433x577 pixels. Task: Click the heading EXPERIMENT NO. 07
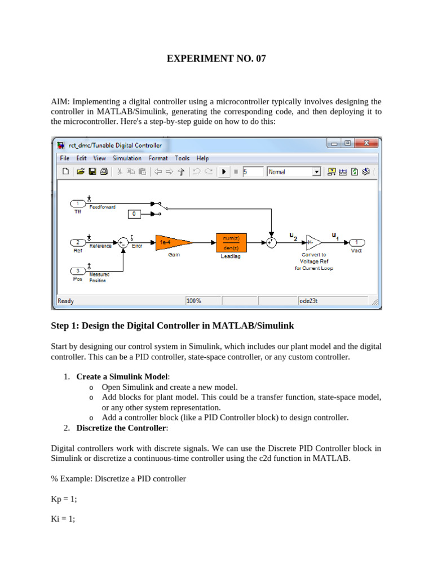pyautogui.click(x=216, y=59)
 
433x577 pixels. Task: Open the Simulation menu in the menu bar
pyautogui.click(x=127, y=158)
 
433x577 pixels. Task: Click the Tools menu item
pyautogui.click(x=182, y=158)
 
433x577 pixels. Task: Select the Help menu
pyautogui.click(x=202, y=158)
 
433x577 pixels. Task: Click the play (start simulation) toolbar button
pyautogui.click(x=224, y=172)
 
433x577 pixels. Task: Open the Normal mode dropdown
pyautogui.click(x=316, y=172)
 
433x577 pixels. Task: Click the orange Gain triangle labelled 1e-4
pyautogui.click(x=171, y=242)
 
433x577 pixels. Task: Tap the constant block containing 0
pyautogui.click(x=134, y=214)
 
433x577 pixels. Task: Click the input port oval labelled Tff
pyautogui.click(x=78, y=203)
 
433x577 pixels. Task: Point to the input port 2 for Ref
pyautogui.click(x=78, y=242)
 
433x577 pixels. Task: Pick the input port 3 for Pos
pyautogui.click(x=78, y=270)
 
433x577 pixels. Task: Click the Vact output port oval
pyautogui.click(x=356, y=242)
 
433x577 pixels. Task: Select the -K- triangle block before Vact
pyautogui.click(x=313, y=242)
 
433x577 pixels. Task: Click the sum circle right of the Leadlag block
pyautogui.click(x=272, y=242)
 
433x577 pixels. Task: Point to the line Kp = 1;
pyautogui.click(x=64, y=499)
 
